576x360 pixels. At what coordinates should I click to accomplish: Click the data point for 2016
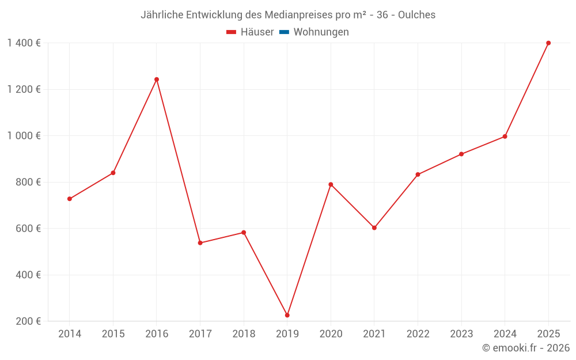pos(157,79)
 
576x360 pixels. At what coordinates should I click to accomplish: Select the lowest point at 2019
pos(287,315)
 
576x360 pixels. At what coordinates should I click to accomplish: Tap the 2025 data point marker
pos(548,43)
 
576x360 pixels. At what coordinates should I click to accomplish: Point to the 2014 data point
pos(70,199)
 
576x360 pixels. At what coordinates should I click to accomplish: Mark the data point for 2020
pos(331,184)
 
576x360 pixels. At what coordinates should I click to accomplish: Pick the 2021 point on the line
pos(374,228)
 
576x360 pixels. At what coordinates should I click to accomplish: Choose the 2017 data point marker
pos(200,243)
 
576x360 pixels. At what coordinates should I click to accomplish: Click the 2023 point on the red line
pos(461,154)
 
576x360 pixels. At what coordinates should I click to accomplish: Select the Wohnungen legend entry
pos(321,32)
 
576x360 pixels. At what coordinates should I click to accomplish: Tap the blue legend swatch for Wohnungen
pos(284,32)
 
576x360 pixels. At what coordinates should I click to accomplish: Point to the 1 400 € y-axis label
pos(24,43)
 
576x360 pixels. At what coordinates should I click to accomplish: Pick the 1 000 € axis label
pos(24,136)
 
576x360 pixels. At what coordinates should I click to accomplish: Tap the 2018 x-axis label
pos(244,334)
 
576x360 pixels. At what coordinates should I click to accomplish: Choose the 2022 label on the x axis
pos(418,334)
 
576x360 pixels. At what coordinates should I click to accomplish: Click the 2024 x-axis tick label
pos(505,334)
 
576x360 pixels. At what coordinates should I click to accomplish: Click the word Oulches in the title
pos(416,14)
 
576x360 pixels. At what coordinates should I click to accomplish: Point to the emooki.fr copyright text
pos(525,348)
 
